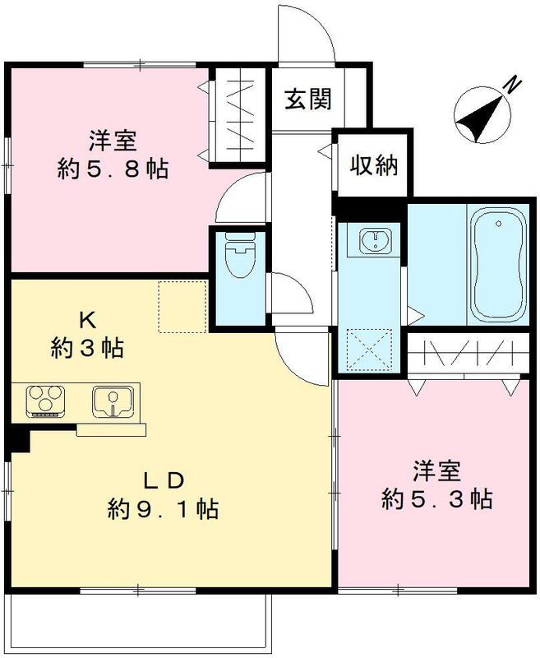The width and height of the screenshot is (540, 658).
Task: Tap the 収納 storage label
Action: (375, 166)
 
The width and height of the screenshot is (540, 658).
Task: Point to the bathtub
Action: (498, 263)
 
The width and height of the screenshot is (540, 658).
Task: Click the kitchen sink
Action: (114, 402)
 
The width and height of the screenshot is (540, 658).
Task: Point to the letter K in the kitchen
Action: (85, 319)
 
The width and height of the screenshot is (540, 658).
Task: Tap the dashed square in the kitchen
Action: (181, 306)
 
